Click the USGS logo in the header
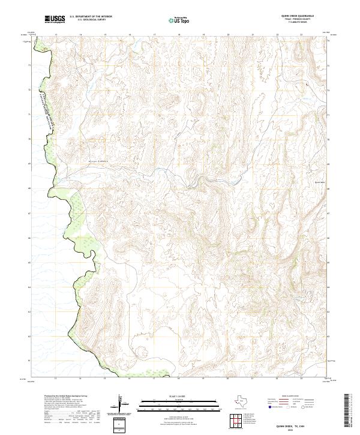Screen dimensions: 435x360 55,19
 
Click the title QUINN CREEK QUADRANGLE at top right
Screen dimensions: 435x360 297,16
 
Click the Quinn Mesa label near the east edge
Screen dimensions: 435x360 319,181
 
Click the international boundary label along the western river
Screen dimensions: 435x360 44,108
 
